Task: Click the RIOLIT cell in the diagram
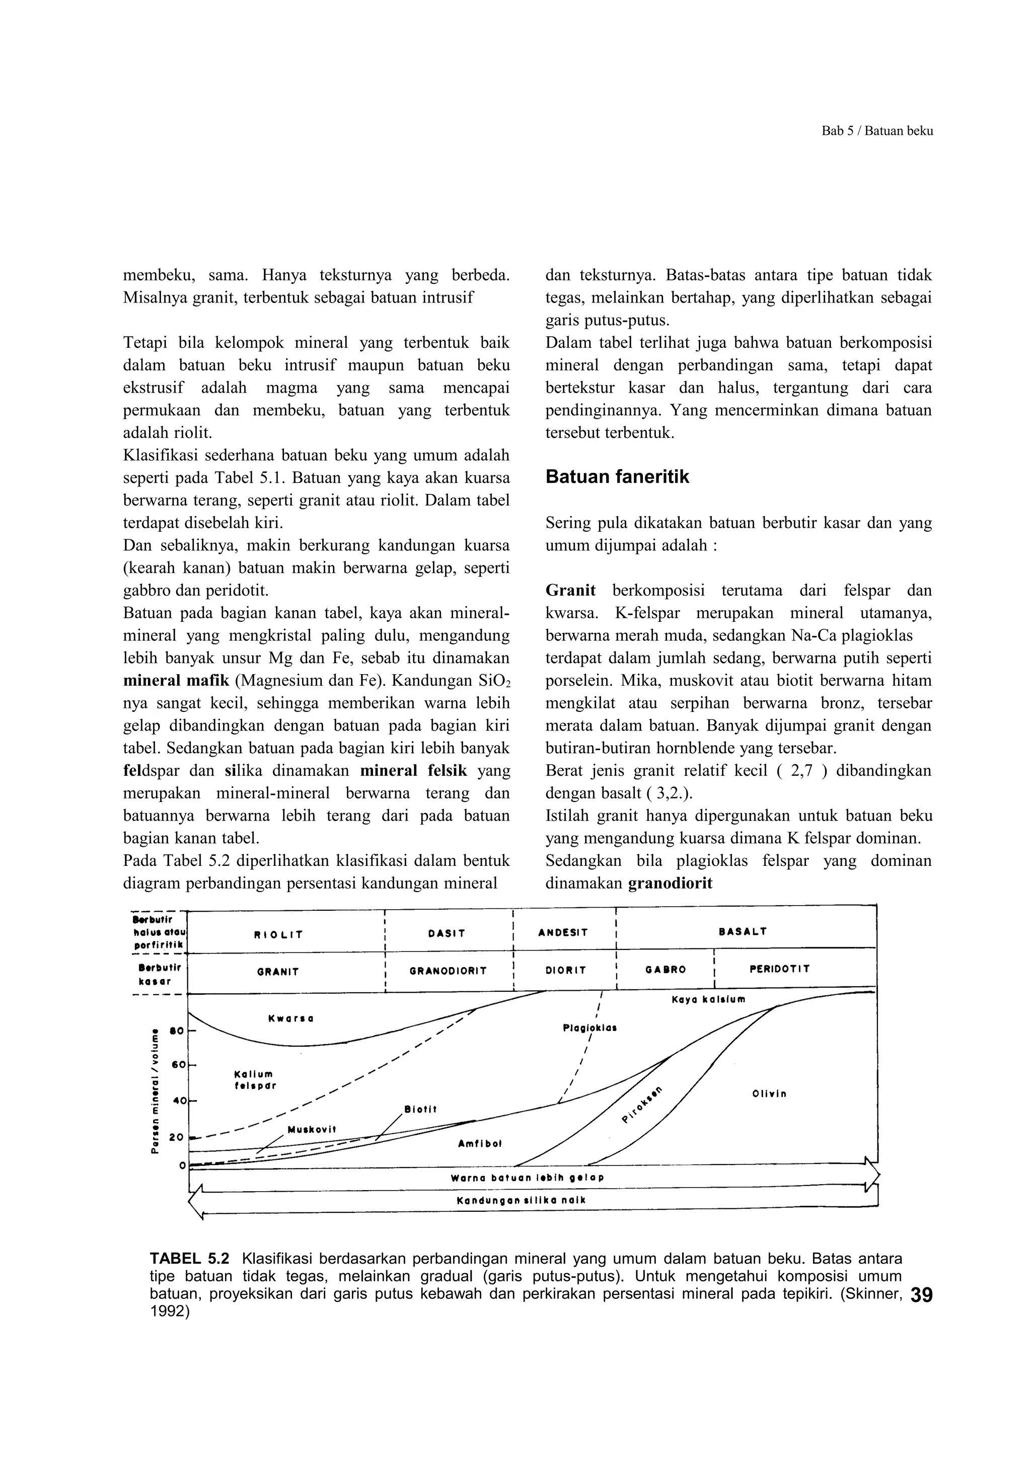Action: pyautogui.click(x=279, y=935)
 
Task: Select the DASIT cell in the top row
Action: pyautogui.click(x=447, y=933)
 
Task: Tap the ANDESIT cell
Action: pyautogui.click(x=563, y=933)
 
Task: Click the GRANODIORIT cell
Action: pyautogui.click(x=448, y=971)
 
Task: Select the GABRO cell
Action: pyautogui.click(x=666, y=970)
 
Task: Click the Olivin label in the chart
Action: pyautogui.click(x=769, y=1093)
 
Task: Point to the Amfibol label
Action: pyautogui.click(x=480, y=1143)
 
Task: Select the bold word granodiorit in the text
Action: pyautogui.click(x=670, y=883)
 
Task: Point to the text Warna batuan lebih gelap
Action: pyautogui.click(x=527, y=1178)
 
